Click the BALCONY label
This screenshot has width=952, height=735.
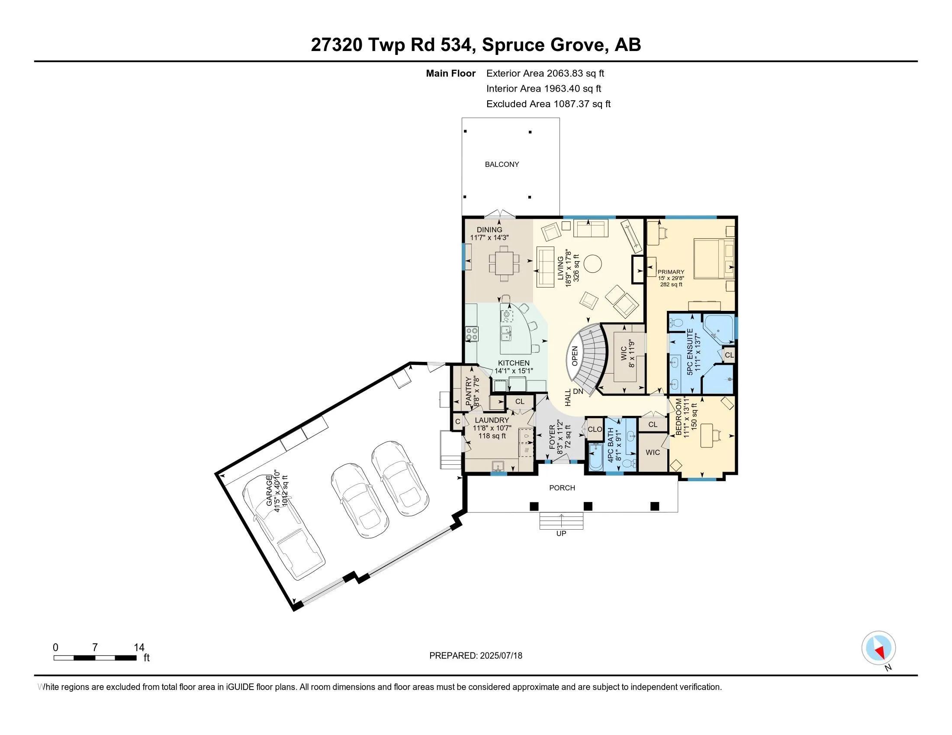click(x=502, y=164)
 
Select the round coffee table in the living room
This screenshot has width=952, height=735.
click(x=592, y=263)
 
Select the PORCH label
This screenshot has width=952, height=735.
click(x=562, y=488)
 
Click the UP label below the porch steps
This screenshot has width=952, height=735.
click(x=561, y=534)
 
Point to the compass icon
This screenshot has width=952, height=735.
click(x=878, y=648)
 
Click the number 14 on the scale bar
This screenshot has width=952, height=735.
click(x=139, y=648)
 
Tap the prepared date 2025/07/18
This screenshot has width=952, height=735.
click(x=501, y=656)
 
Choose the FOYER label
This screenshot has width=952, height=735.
click(x=552, y=438)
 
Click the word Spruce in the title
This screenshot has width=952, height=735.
click(x=513, y=45)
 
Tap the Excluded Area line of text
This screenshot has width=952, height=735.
click(x=548, y=104)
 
